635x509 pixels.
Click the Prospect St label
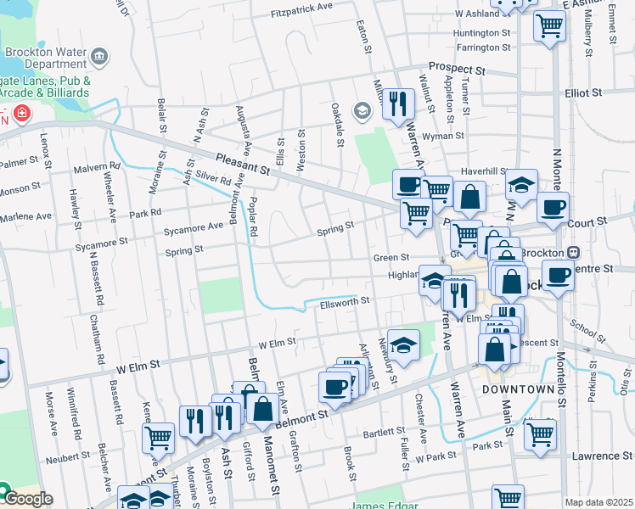[456, 67]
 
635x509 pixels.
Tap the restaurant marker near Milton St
[397, 103]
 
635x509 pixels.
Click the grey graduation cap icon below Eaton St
[363, 111]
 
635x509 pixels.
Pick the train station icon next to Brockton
[574, 253]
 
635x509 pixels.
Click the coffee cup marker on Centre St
[558, 276]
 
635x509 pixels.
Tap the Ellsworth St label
[345, 301]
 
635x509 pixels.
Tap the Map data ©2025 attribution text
[598, 502]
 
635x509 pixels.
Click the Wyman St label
[443, 135]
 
